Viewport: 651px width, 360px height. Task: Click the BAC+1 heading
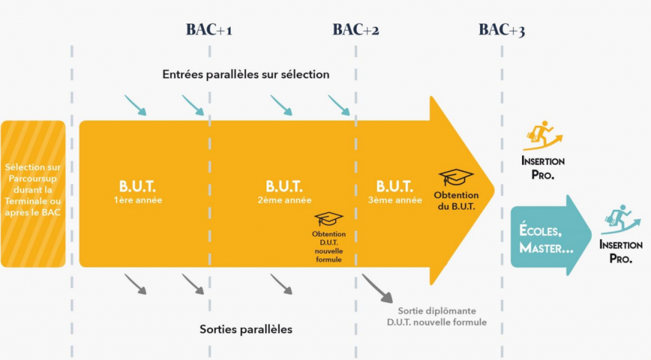[x=209, y=30]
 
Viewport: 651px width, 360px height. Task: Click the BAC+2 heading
[x=355, y=30]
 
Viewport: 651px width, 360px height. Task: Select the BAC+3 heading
[x=502, y=30]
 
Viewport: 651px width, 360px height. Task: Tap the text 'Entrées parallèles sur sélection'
[x=245, y=74]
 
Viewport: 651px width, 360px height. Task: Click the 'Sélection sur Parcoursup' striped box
[x=34, y=193]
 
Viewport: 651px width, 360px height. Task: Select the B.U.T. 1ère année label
[x=137, y=192]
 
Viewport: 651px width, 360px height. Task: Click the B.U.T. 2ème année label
[x=284, y=192]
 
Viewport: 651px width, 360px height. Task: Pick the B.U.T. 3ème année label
[x=395, y=192]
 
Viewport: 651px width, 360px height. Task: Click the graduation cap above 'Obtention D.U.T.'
[x=329, y=219]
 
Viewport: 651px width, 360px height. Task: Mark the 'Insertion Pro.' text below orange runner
[x=543, y=168]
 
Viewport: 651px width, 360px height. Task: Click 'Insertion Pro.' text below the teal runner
[x=622, y=252]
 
